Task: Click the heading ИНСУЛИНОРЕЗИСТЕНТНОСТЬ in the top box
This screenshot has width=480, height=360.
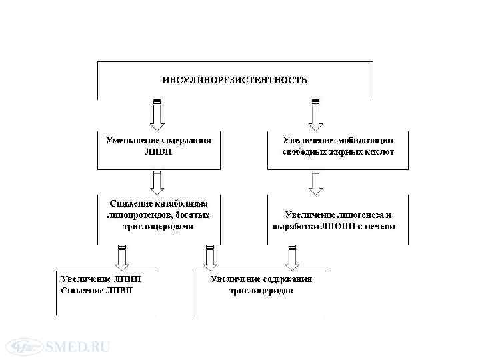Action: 235,80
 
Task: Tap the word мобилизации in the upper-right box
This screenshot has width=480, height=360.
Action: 365,141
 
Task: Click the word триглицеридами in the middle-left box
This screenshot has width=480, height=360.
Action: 159,226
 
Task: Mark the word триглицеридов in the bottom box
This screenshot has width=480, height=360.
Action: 261,291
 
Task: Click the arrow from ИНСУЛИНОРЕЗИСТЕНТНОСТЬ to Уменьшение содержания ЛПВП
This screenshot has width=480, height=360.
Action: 157,115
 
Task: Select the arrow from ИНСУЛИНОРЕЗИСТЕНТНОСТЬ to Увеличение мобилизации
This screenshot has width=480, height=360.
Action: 315,115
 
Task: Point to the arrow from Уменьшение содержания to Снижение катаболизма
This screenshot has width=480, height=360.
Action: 157,181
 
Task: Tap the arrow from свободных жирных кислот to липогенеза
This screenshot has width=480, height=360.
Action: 315,181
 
